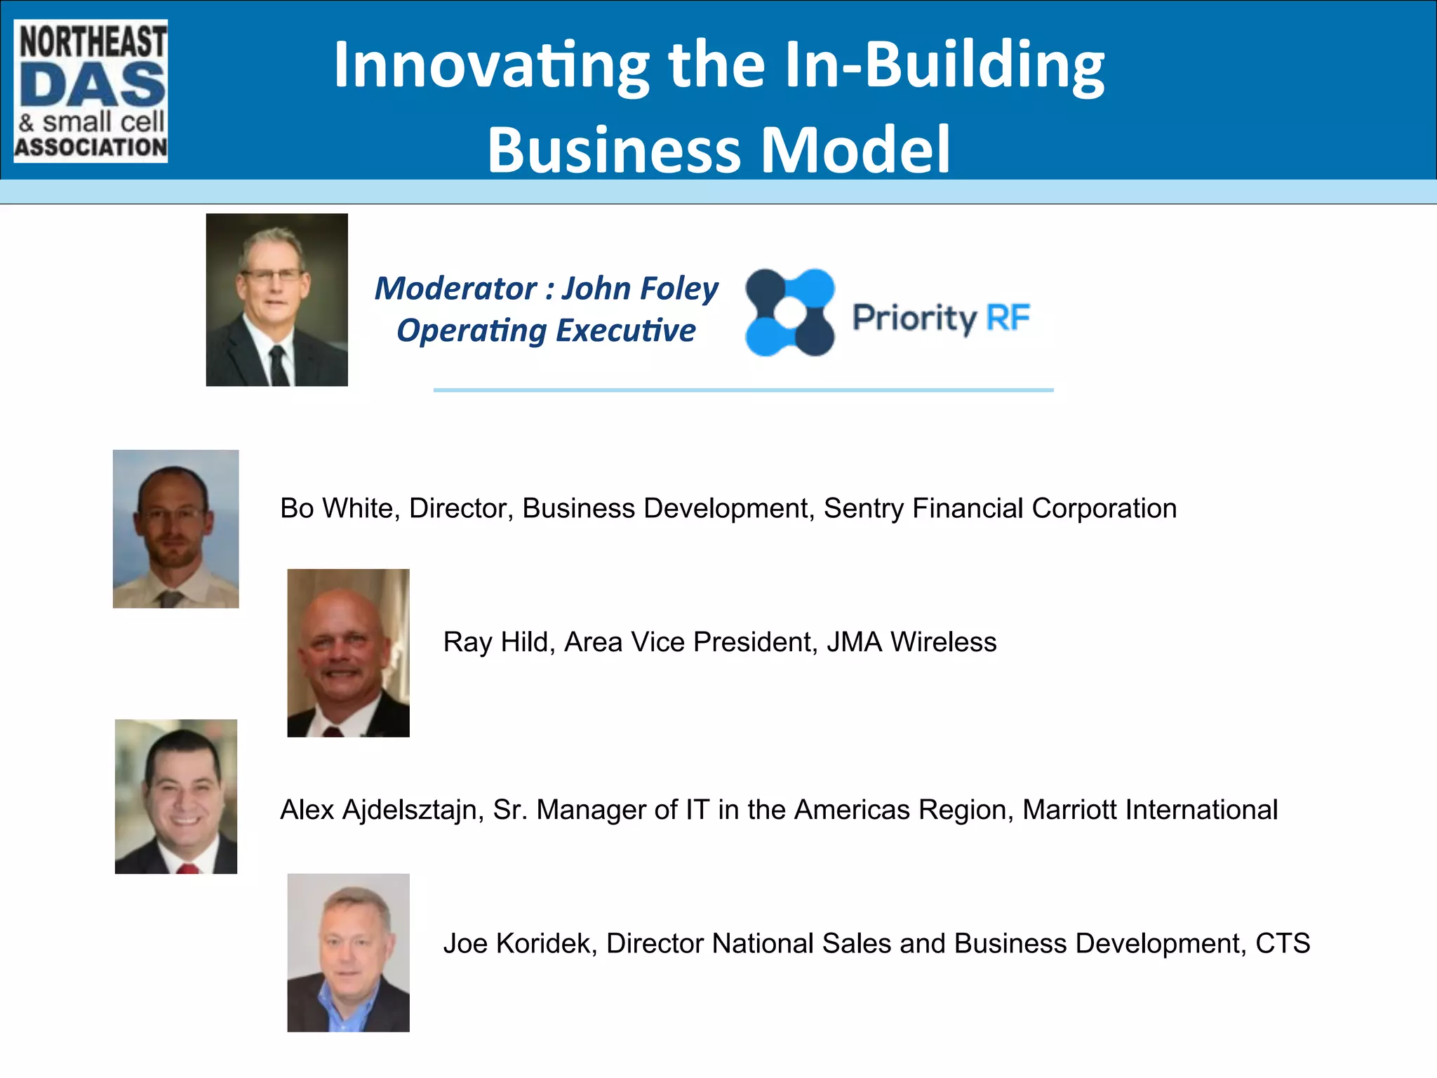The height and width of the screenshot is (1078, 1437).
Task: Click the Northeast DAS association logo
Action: [x=91, y=91]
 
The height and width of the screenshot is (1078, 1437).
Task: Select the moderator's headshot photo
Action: [x=276, y=300]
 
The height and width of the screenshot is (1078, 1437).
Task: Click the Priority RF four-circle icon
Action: [x=790, y=312]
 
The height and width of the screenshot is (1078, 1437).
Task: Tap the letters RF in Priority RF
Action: [x=1008, y=317]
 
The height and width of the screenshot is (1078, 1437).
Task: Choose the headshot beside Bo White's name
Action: [x=175, y=528]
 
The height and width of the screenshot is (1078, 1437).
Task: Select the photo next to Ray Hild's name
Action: [x=348, y=653]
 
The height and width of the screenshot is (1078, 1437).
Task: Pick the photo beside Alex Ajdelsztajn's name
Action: [x=176, y=797]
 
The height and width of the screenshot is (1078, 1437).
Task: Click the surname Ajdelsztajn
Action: [x=413, y=811]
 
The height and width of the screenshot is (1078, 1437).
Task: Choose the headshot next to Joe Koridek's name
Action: [x=348, y=952]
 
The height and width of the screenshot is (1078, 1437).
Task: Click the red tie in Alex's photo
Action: [x=187, y=869]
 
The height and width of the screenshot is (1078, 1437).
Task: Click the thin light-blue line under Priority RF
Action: [x=743, y=390]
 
